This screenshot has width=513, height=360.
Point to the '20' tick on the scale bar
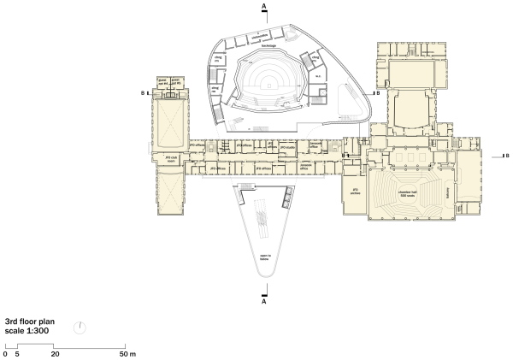point(55,352)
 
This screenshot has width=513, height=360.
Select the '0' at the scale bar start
point(5,352)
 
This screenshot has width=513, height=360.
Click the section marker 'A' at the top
point(264,6)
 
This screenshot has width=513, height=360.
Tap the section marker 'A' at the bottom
point(264,302)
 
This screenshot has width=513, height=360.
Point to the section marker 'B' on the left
point(143,92)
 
